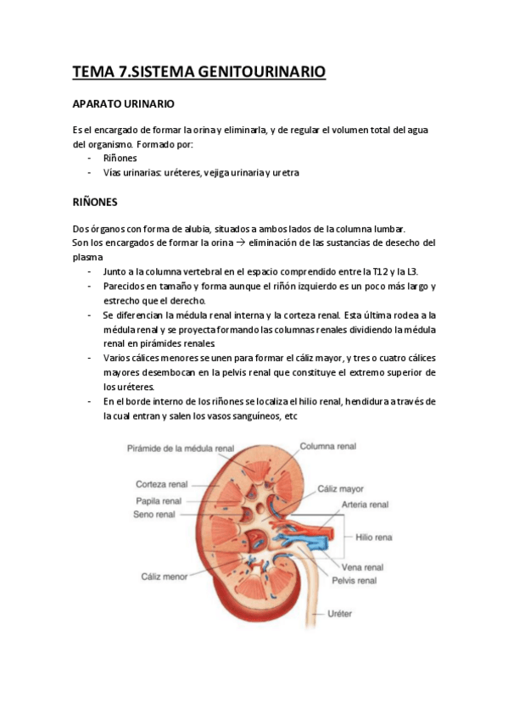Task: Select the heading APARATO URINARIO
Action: [x=124, y=104]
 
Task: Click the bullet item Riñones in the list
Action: [x=120, y=158]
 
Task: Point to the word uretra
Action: [x=285, y=172]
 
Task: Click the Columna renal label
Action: [x=328, y=446]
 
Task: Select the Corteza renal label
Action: [x=161, y=484]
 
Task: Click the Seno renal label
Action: [x=154, y=514]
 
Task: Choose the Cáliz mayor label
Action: [x=341, y=489]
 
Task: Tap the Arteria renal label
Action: [x=365, y=504]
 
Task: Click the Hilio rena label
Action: [x=374, y=537]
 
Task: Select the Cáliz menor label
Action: [x=163, y=577]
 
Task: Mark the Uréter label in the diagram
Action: [x=339, y=613]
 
